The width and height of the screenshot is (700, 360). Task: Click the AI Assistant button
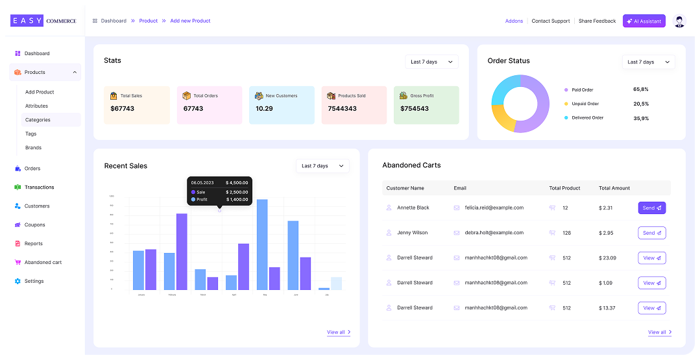(x=644, y=21)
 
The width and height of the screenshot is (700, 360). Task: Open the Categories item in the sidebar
(x=38, y=120)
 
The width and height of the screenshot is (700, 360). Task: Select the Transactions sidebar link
(x=39, y=187)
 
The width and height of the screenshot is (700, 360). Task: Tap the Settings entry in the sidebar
(x=34, y=282)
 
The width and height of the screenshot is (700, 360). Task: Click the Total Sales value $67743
(x=123, y=108)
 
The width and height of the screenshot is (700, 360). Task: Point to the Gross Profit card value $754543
(x=415, y=108)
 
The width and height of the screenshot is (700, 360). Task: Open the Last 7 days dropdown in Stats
(x=431, y=62)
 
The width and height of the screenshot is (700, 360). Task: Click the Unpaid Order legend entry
(x=585, y=104)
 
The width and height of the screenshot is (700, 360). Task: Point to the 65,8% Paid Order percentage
(x=640, y=90)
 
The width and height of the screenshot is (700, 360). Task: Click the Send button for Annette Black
(x=651, y=208)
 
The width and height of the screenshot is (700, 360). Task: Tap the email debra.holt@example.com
(x=494, y=232)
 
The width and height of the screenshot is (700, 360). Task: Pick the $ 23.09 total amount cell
(x=608, y=258)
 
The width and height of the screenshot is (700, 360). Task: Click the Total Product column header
(x=564, y=188)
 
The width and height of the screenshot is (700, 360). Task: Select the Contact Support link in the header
(x=550, y=21)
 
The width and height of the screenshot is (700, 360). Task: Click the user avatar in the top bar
(x=679, y=21)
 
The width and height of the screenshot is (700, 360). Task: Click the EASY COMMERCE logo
(x=43, y=21)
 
